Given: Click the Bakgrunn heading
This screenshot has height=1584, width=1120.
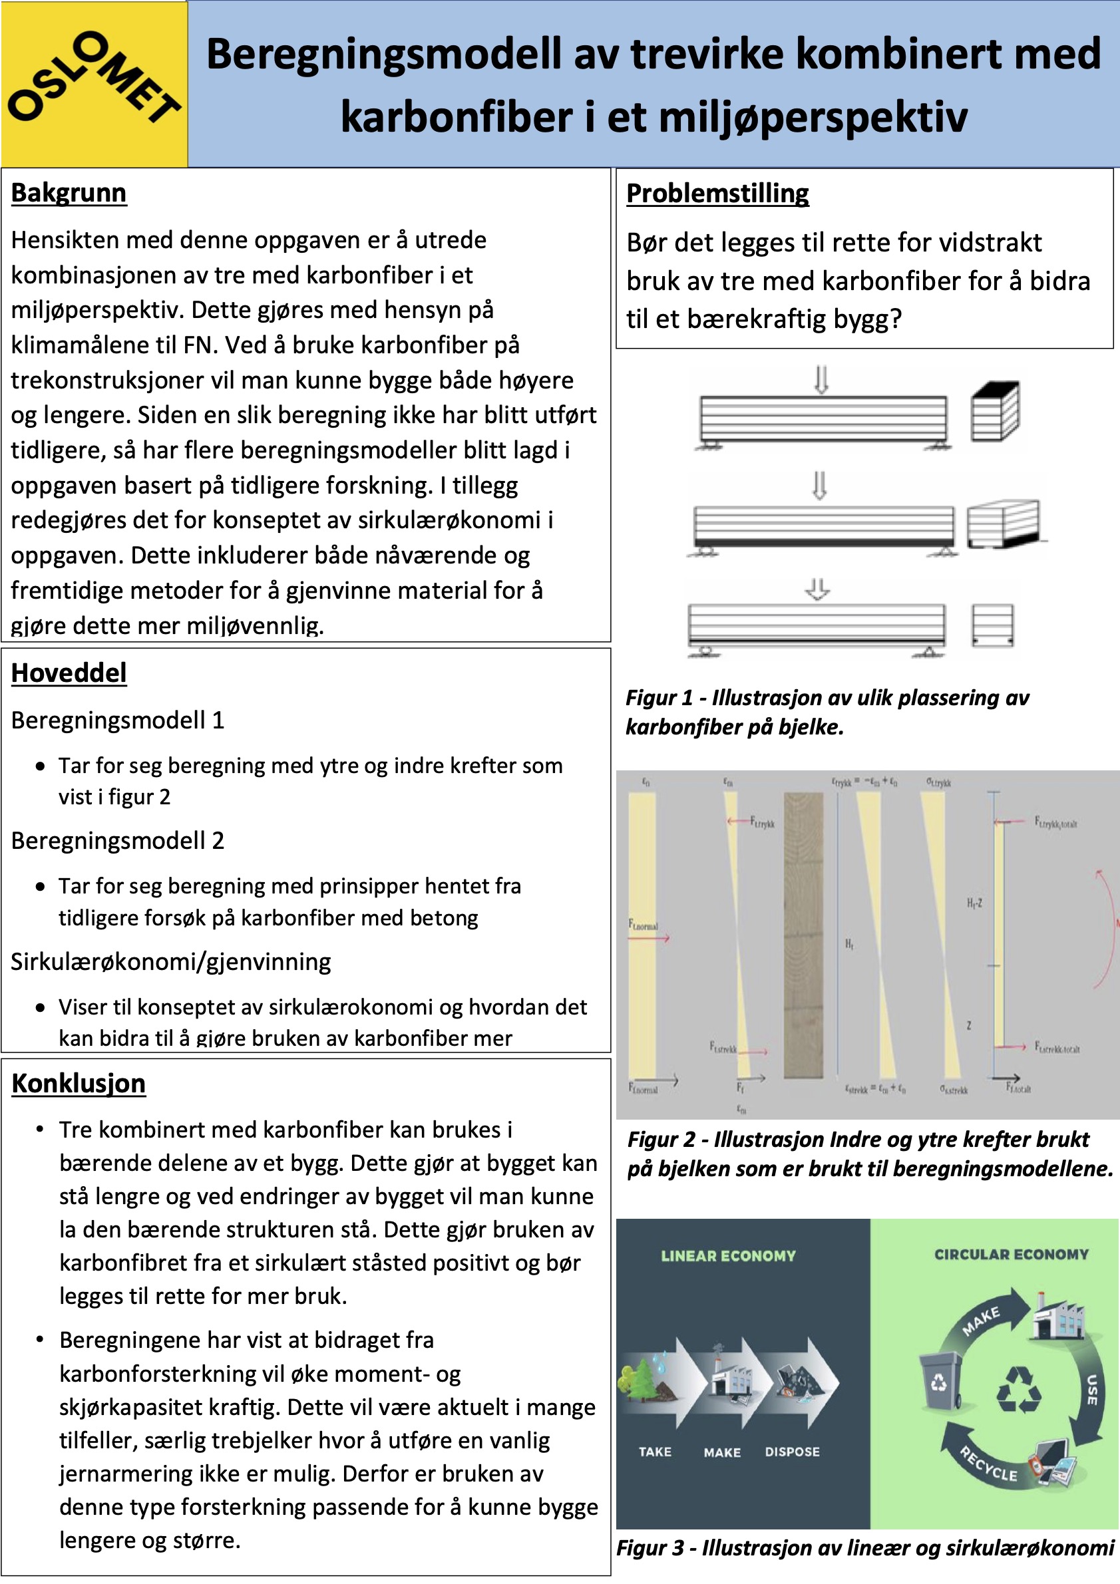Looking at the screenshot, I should (x=69, y=192).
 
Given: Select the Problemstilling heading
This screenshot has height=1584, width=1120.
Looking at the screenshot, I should (x=717, y=193).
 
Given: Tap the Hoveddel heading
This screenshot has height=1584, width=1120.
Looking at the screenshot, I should (x=69, y=673).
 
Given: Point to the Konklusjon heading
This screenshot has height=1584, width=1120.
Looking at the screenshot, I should (x=78, y=1083).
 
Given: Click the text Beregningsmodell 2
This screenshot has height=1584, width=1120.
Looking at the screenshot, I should (x=117, y=840).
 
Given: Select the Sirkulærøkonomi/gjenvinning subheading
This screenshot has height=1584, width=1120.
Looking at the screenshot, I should (x=170, y=961).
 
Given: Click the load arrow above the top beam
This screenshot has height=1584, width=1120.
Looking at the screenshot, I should (x=821, y=379).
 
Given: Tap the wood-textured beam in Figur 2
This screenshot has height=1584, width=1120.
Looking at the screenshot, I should (x=803, y=935).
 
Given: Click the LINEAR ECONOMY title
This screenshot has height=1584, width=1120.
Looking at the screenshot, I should (x=728, y=1255).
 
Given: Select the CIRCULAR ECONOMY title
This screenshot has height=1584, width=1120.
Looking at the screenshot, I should (x=1011, y=1254).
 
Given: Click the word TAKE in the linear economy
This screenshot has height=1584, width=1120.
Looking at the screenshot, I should (x=655, y=1452).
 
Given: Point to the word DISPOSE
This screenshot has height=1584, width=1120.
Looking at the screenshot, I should (x=792, y=1452).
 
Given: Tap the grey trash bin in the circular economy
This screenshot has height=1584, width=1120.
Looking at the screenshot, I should (x=940, y=1381).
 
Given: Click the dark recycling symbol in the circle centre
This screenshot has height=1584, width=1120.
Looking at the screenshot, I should (x=1019, y=1390).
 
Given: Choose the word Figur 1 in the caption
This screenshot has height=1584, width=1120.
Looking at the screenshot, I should (x=658, y=697).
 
